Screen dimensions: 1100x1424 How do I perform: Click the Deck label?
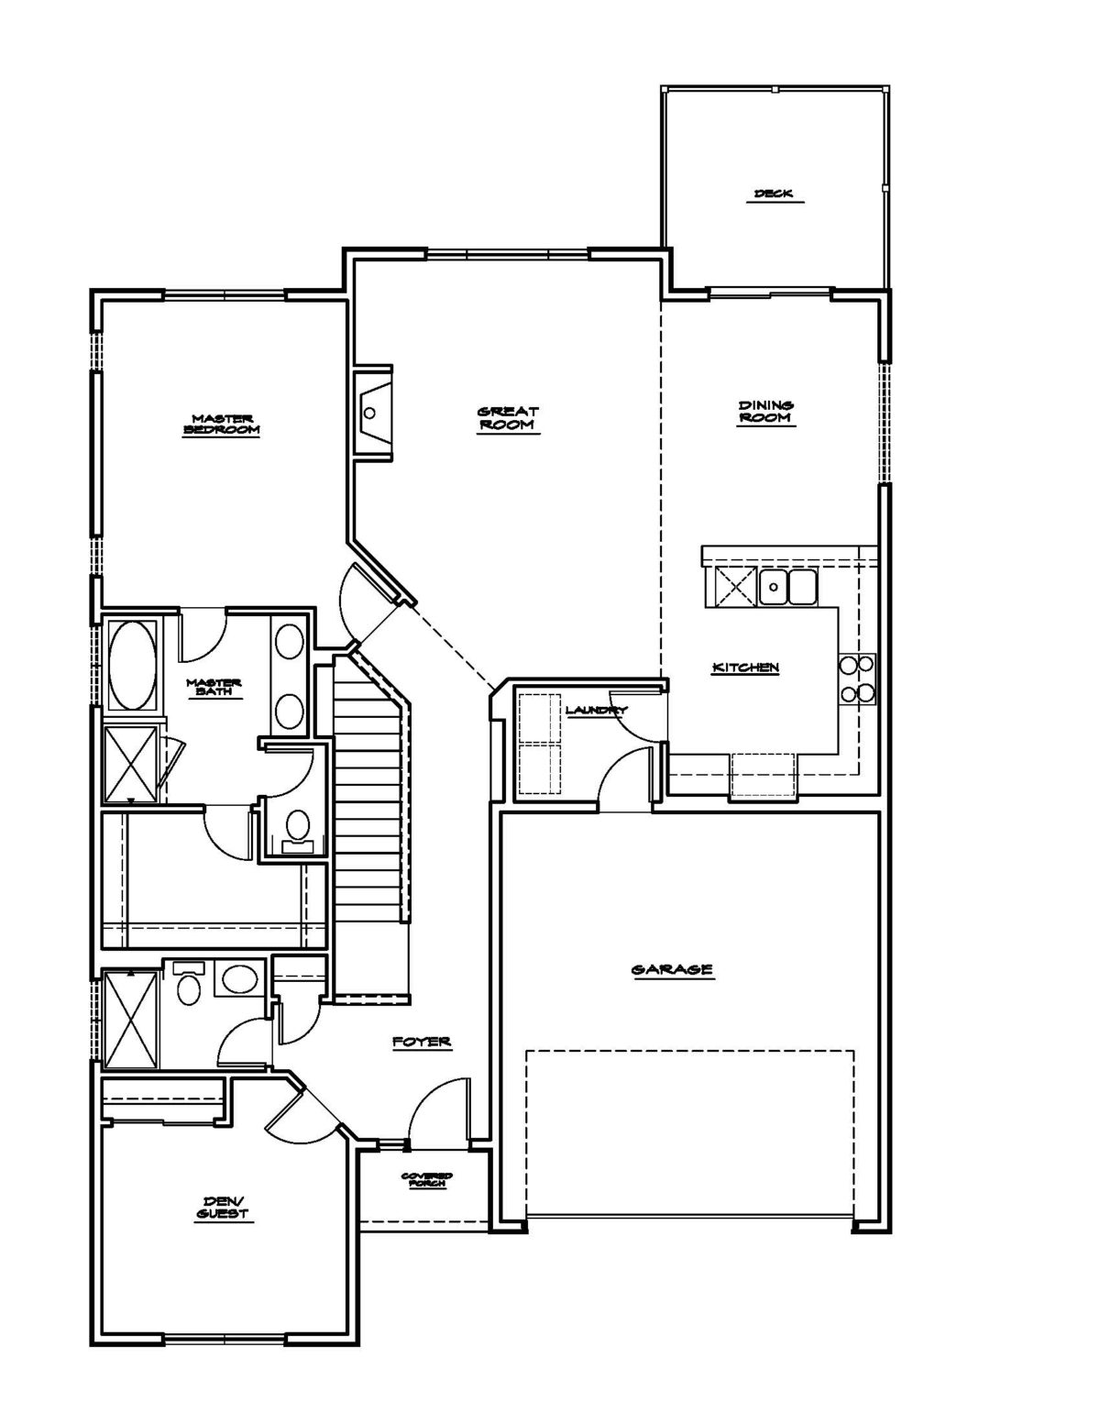click(x=774, y=193)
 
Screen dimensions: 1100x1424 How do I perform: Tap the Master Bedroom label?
click(x=222, y=425)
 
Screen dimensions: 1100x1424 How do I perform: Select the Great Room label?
click(x=508, y=417)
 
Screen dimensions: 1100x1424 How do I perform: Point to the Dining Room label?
click(x=765, y=412)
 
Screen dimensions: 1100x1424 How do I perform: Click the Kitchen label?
click(x=745, y=668)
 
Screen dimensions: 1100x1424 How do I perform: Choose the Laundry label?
click(x=596, y=710)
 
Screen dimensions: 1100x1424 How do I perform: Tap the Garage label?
click(x=672, y=970)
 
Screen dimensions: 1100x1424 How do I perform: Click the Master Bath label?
click(x=214, y=687)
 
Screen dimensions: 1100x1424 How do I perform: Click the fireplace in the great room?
click(x=373, y=413)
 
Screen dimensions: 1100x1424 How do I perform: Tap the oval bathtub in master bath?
click(x=133, y=664)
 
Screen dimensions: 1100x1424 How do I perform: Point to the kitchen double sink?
click(x=787, y=587)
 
